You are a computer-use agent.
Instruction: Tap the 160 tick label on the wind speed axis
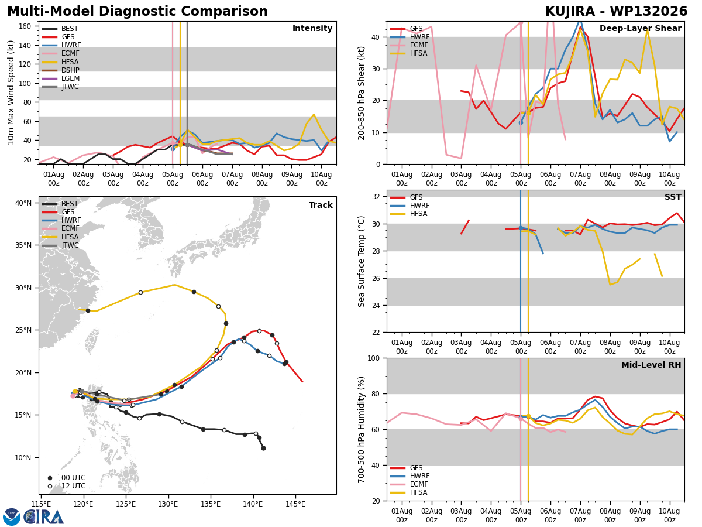pos(25,26)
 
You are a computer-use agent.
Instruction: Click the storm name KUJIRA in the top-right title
pos(570,12)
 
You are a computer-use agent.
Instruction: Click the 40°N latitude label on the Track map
pos(23,203)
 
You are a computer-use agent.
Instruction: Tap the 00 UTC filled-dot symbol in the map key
pos(50,478)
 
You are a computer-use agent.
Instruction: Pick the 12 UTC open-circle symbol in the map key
pos(50,487)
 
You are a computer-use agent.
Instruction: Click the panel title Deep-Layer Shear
pos(640,28)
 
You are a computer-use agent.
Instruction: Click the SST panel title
pos(673,197)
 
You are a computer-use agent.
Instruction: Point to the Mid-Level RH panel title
pos(651,365)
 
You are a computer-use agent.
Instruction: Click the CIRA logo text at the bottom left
pos(44,517)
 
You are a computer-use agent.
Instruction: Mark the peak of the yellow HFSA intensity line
pos(314,114)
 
